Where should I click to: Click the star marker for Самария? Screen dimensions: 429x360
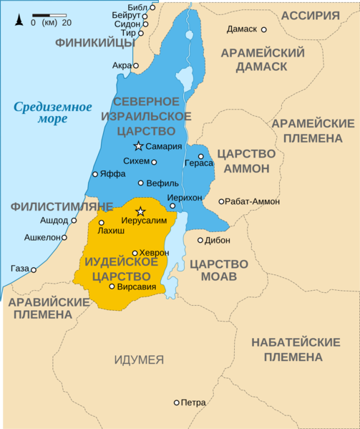[138, 146]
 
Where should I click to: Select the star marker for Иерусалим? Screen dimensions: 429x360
[140, 211]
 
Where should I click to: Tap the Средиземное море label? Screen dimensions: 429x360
[52, 113]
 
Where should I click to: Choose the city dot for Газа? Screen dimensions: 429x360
[34, 270]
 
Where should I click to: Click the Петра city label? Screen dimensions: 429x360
[194, 402]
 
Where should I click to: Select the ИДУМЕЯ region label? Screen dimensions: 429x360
[139, 360]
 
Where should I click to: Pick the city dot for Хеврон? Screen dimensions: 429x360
[135, 253]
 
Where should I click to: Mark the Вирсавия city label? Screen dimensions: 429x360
[137, 286]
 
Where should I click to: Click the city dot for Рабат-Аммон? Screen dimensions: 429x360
[221, 201]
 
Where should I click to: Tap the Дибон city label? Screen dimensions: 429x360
[218, 240]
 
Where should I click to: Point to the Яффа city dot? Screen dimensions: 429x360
[94, 174]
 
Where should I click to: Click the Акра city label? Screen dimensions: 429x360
[122, 66]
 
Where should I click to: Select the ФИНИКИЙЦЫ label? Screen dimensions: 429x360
[94, 43]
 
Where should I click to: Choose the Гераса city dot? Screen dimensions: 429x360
[201, 156]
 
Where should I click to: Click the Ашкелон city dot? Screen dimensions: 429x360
[64, 237]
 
